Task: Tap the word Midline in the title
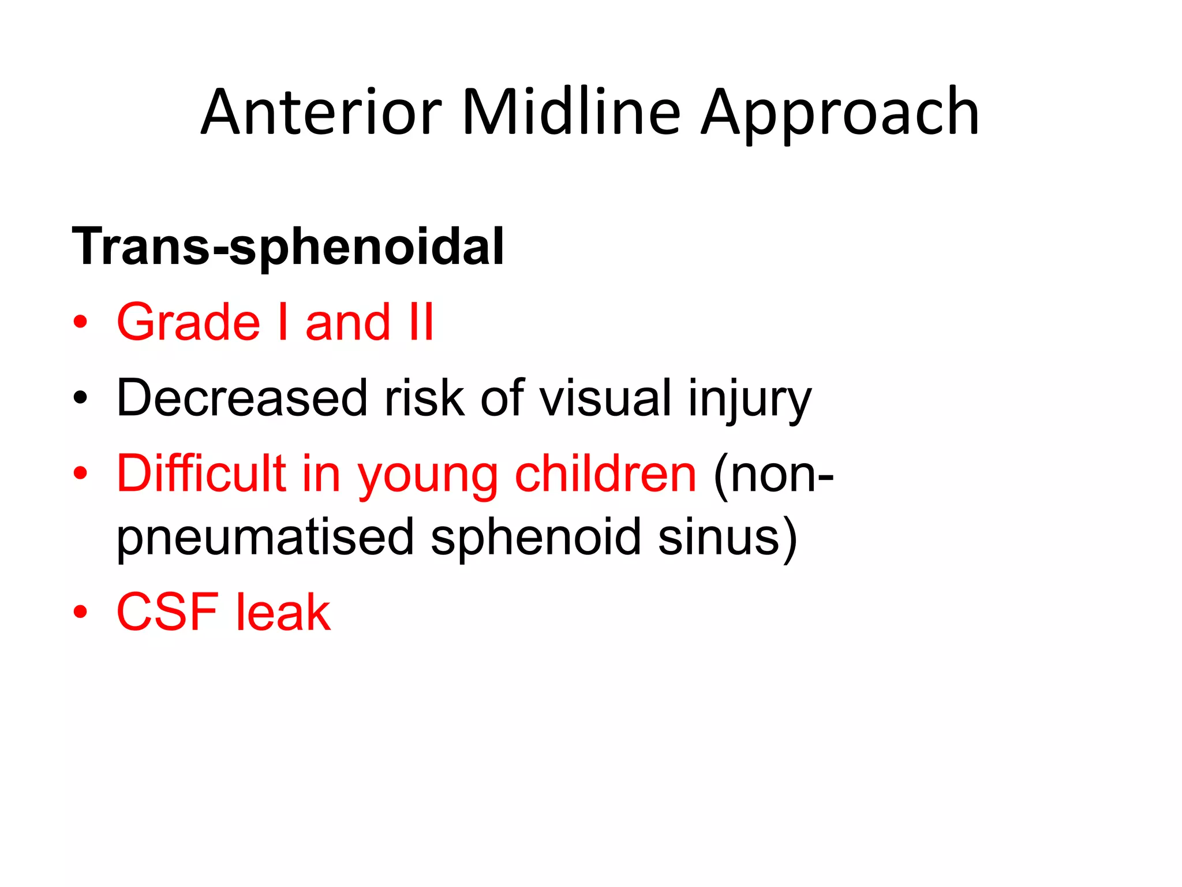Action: [x=571, y=113]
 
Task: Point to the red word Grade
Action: [x=188, y=322]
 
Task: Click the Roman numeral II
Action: [x=421, y=322]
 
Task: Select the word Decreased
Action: [x=242, y=398]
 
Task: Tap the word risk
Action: [x=424, y=398]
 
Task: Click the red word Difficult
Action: [x=201, y=474]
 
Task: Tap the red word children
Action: [x=605, y=474]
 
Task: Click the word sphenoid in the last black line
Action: [x=536, y=537]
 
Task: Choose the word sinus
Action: [x=719, y=537]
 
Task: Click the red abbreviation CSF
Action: [x=167, y=612]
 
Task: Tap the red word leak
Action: [x=283, y=612]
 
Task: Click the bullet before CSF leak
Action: [x=80, y=612]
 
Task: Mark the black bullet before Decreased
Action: [x=80, y=398]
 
